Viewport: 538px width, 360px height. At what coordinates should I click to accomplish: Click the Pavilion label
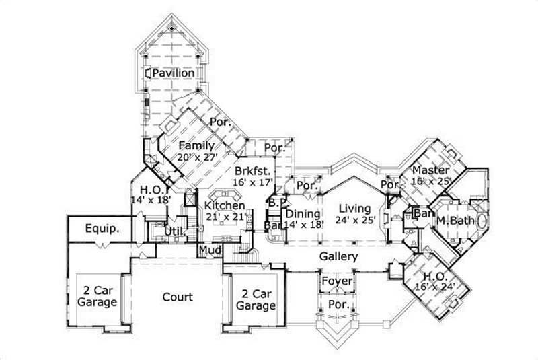174,73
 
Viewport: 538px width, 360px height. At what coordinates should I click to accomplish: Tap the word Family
196,145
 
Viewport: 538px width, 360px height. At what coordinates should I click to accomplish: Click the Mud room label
206,250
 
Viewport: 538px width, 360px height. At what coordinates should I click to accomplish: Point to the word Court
178,297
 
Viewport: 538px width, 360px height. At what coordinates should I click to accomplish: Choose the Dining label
299,213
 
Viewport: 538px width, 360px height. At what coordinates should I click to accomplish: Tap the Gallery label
338,257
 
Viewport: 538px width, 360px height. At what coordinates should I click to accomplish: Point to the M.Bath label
453,221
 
